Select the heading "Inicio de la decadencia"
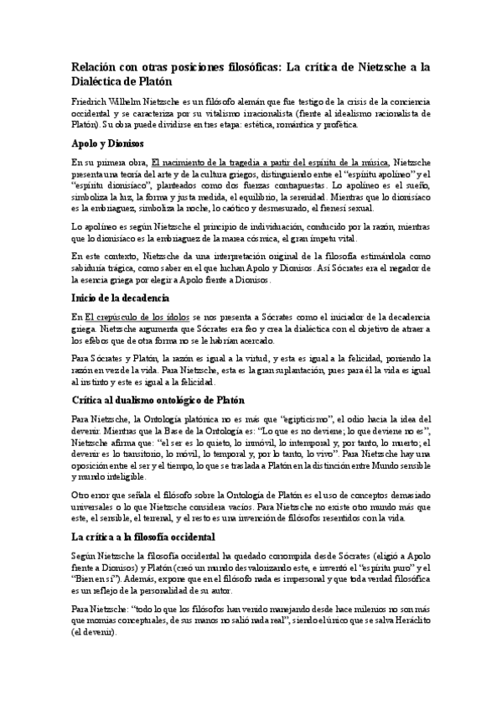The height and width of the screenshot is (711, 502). [x=121, y=298]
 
